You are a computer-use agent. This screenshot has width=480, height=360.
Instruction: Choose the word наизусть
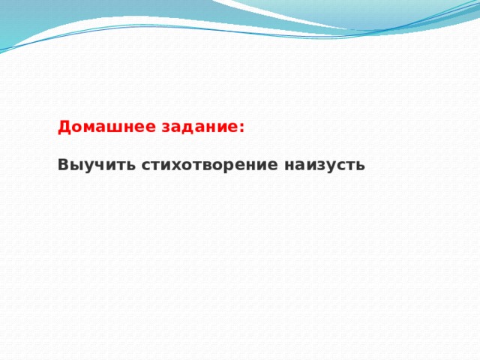click(325, 165)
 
